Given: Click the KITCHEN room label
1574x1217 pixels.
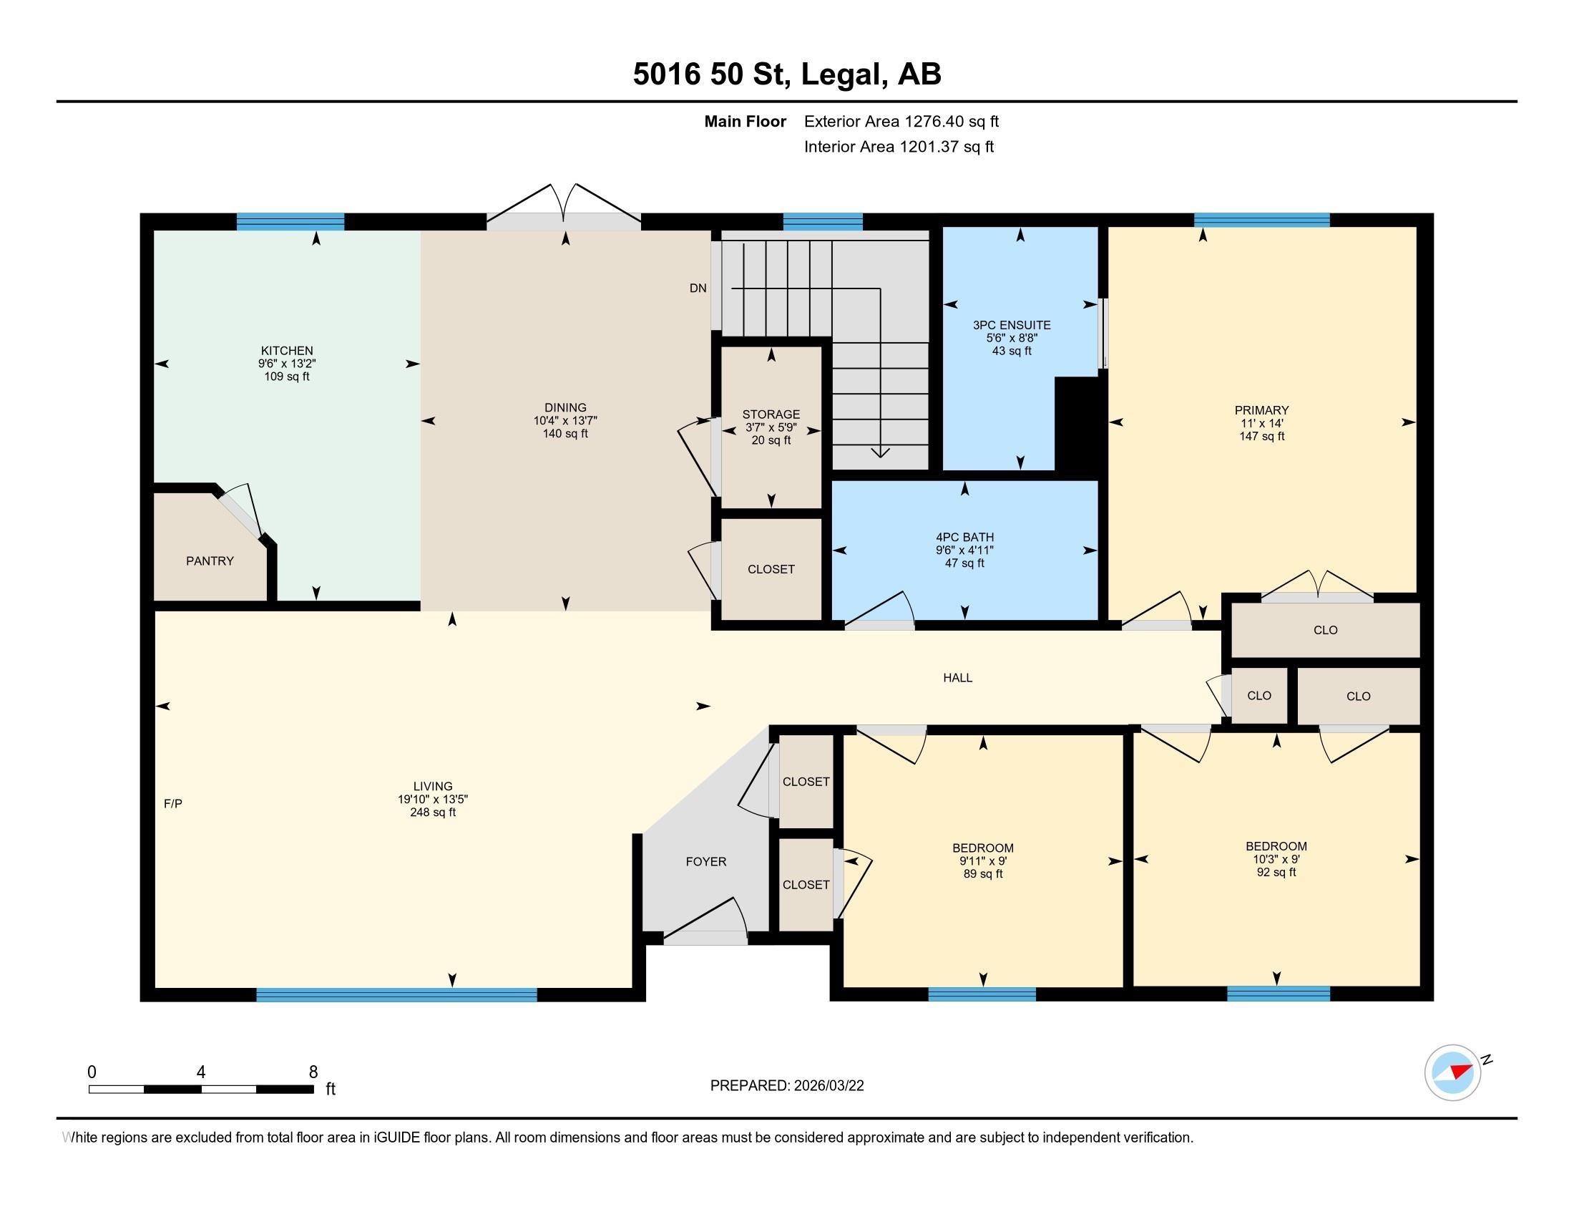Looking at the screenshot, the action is (x=287, y=351).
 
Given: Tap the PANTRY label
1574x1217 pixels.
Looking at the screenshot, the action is (x=210, y=561).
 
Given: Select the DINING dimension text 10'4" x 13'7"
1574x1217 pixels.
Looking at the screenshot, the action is (x=566, y=420).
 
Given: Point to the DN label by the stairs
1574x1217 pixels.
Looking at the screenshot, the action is (x=698, y=289).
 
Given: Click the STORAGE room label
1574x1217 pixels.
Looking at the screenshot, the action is (x=771, y=414).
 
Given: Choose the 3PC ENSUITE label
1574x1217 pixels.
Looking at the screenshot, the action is (x=1012, y=325).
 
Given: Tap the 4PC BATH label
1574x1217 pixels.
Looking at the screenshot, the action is (x=965, y=537).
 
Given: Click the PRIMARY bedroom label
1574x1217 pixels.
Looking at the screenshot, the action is (x=1261, y=410).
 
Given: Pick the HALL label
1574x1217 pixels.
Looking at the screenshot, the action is (x=958, y=678).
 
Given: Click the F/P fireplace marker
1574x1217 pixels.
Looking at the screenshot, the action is (x=173, y=803).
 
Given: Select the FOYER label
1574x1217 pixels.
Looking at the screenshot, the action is (x=706, y=861).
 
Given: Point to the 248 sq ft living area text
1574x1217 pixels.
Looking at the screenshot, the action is (x=432, y=813).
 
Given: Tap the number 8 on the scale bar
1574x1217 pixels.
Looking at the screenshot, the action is (x=313, y=1072).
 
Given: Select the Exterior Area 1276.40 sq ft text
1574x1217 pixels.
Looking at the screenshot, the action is (x=901, y=122).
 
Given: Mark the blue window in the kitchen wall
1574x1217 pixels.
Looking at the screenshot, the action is (x=290, y=221).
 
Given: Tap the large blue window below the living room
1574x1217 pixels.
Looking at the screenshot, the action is (x=397, y=995).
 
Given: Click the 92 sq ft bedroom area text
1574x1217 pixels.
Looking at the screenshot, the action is (x=1276, y=873).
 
